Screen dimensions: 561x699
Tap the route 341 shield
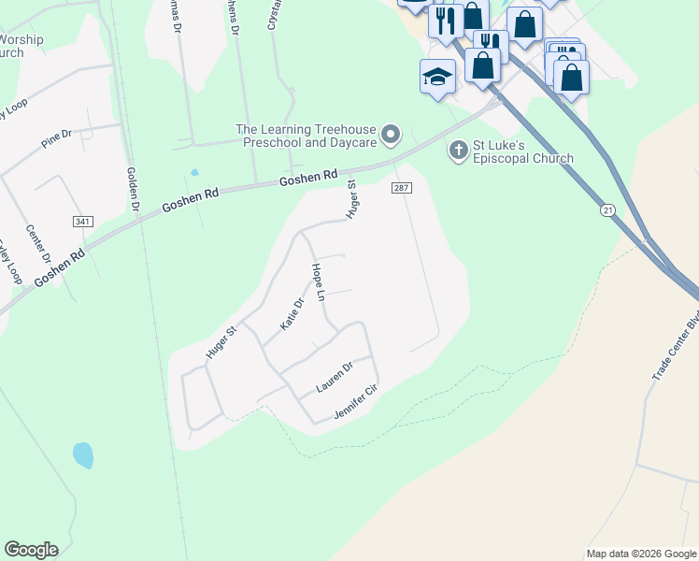[x=82, y=221]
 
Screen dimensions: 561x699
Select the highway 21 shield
[x=607, y=212]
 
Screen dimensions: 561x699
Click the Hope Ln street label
[x=319, y=281]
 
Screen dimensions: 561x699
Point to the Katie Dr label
[x=292, y=314]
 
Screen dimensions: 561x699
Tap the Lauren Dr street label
[x=334, y=377]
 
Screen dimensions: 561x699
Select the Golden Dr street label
[x=133, y=188]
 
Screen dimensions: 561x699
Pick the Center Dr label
[x=36, y=244]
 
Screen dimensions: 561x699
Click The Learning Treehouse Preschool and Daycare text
[x=306, y=137]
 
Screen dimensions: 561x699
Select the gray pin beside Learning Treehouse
[x=392, y=136]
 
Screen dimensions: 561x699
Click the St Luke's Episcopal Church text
[x=523, y=151]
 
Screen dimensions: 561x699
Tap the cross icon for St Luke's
[x=458, y=149]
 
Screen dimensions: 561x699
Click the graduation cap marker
[x=436, y=77]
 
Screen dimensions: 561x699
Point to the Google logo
[x=31, y=550]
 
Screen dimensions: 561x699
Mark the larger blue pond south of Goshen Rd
[x=83, y=455]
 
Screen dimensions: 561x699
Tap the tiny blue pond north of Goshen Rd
[x=194, y=172]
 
